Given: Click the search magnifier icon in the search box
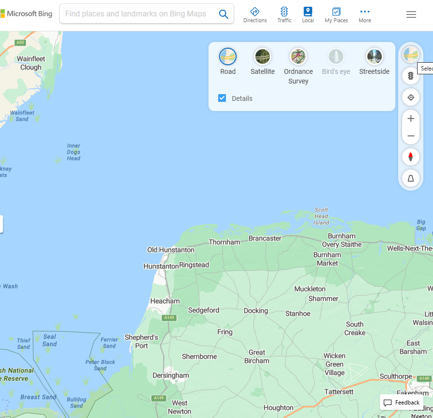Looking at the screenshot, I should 223,14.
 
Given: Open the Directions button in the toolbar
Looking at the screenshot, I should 255,14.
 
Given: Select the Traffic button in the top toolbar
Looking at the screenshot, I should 284,14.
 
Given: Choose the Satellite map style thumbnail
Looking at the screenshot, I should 263,57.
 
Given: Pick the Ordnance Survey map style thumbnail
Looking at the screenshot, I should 298,57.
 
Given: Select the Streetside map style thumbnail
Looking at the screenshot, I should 374,57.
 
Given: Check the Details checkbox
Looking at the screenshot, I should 222,98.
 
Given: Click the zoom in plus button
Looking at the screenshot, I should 411,119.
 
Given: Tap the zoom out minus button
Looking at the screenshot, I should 411,136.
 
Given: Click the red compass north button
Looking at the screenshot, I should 411,157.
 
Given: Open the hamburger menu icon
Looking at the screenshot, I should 411,14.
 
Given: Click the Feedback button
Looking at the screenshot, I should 402,403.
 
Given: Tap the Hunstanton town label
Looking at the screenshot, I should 161,266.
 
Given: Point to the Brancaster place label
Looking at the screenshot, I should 265,238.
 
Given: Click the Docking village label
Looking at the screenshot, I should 256,310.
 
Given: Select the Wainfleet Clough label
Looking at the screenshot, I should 31,63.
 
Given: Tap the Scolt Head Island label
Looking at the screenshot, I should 321,216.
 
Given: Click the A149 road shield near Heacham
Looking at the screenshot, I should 169,318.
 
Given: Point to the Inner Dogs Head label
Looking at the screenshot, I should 74,152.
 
